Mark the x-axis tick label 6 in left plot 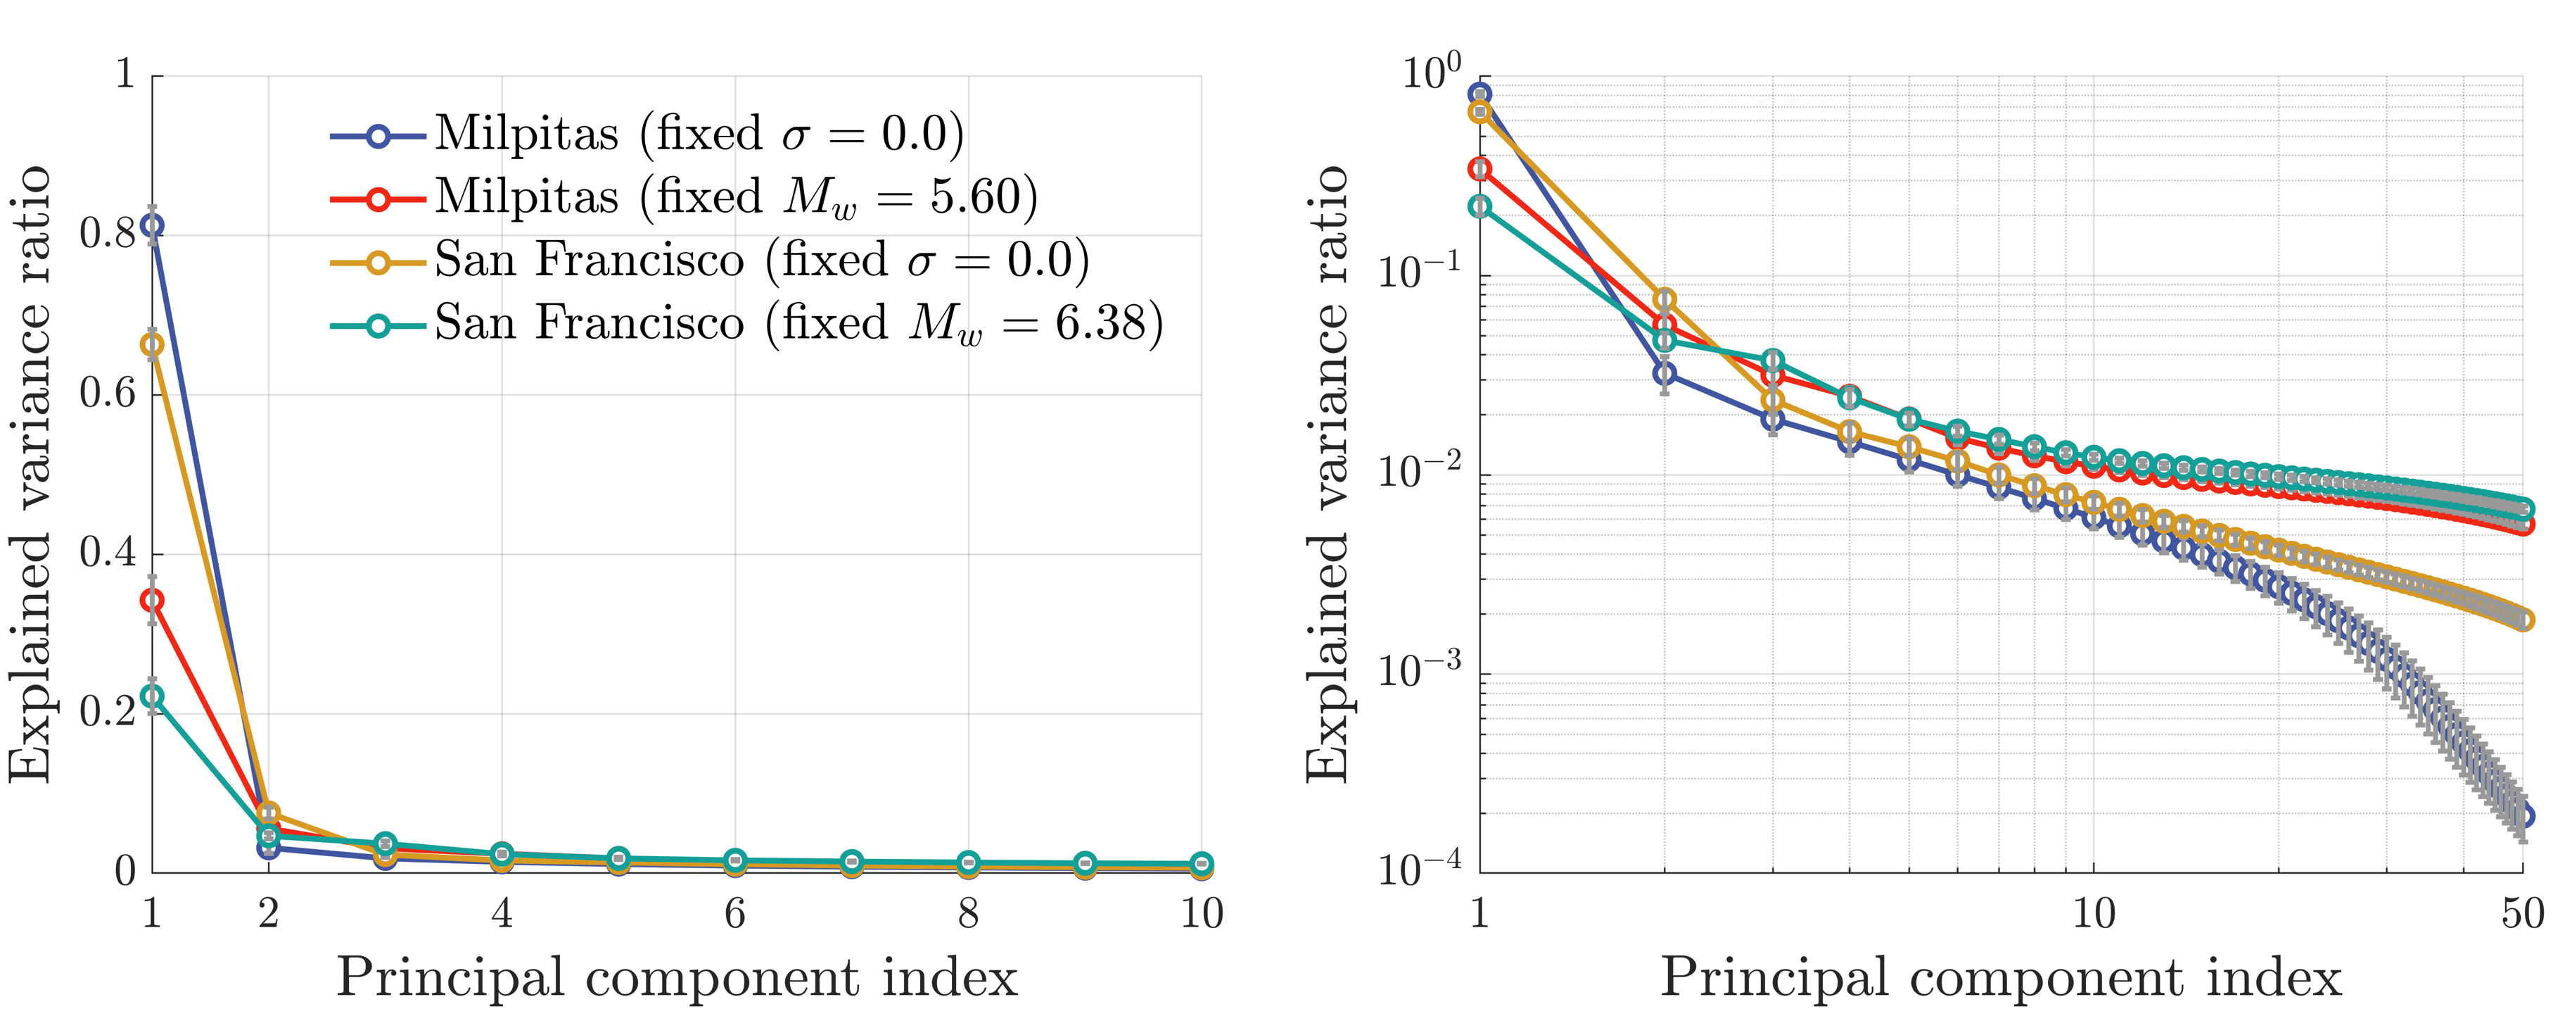pyautogui.click(x=735, y=913)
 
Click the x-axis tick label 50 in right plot pyautogui.click(x=2522, y=913)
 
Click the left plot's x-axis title pyautogui.click(x=677, y=977)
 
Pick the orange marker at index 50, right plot pyautogui.click(x=2522, y=620)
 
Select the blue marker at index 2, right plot pyautogui.click(x=1664, y=374)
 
